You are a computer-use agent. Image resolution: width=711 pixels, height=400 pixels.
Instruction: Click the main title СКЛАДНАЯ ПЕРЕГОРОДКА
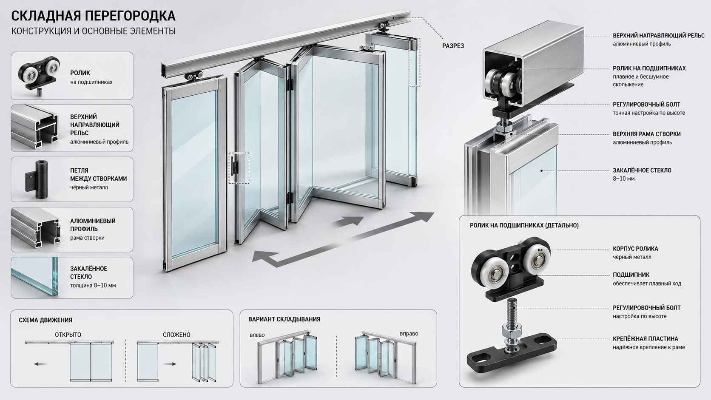(93, 16)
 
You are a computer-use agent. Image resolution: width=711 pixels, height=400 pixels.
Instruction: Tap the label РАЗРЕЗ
(453, 46)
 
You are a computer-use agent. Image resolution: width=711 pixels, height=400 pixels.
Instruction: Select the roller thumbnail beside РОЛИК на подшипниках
(39, 76)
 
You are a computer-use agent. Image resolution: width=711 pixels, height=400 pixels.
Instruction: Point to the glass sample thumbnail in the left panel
(34, 277)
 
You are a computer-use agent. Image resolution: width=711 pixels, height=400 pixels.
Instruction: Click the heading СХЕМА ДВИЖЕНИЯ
(46, 320)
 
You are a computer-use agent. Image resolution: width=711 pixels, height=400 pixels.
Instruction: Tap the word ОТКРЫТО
(68, 335)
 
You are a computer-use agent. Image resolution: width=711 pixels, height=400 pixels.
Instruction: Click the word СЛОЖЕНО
(176, 335)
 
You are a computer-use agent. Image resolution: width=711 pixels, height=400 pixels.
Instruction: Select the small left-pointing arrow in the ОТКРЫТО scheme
(40, 364)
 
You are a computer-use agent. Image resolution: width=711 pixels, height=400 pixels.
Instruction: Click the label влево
(257, 335)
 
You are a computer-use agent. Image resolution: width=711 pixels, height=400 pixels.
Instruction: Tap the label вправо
(409, 334)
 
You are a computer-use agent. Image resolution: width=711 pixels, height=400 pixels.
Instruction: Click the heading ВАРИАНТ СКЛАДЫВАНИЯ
(284, 319)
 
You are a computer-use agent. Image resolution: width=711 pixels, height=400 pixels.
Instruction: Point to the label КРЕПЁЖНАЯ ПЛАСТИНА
(645, 339)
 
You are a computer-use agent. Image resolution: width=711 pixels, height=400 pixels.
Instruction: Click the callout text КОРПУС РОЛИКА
(635, 249)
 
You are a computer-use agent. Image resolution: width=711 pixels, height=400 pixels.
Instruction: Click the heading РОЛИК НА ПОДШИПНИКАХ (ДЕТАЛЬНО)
(524, 226)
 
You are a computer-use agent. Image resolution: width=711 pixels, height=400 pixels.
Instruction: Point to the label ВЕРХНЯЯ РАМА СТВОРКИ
(646, 134)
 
